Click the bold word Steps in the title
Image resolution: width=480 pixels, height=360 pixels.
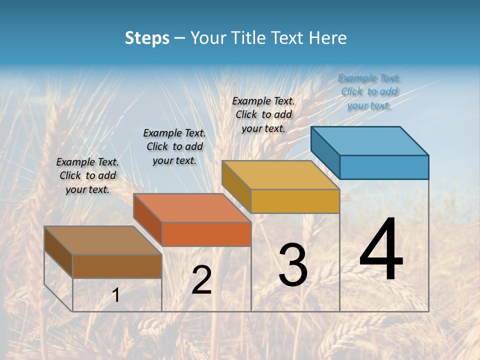click(147, 38)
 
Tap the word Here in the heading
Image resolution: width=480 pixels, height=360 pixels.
click(328, 38)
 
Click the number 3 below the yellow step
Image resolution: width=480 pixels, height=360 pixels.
click(293, 265)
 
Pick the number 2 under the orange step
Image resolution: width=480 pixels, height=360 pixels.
click(201, 280)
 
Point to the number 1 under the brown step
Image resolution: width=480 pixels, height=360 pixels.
click(116, 295)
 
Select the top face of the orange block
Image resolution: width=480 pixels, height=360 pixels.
click(192, 207)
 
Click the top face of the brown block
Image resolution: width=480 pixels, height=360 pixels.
click(103, 240)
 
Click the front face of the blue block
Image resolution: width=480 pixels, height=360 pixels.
click(384, 167)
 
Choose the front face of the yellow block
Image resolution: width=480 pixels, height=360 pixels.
click(295, 201)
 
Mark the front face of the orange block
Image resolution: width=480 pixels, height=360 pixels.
click(206, 234)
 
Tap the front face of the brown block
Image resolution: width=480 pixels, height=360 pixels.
click(117, 266)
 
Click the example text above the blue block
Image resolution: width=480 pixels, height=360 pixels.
click(369, 91)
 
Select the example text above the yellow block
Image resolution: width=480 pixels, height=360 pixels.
click(263, 114)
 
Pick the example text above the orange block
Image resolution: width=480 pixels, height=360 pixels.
click(174, 146)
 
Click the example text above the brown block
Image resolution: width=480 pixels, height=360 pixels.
click(87, 175)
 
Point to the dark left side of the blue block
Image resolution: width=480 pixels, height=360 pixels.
click(325, 152)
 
